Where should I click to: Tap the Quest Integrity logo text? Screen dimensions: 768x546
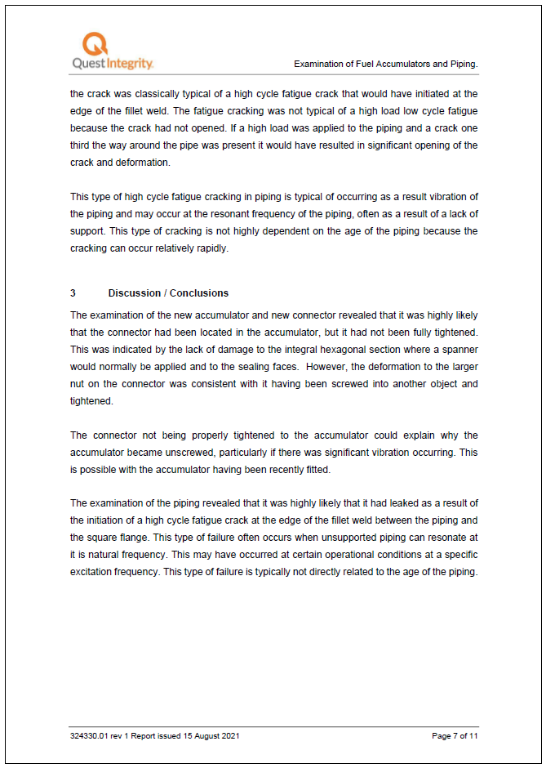coord(112,64)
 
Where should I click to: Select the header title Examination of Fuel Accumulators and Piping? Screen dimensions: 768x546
coord(385,64)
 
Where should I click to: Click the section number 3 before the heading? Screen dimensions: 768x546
coord(73,293)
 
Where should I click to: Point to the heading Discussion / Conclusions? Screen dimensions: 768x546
coord(168,293)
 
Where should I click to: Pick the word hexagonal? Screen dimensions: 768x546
coord(325,350)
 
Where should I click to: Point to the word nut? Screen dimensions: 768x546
coord(79,384)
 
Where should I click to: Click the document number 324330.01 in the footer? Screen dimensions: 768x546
coord(91,736)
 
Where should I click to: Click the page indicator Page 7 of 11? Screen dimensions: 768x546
coord(455,736)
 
